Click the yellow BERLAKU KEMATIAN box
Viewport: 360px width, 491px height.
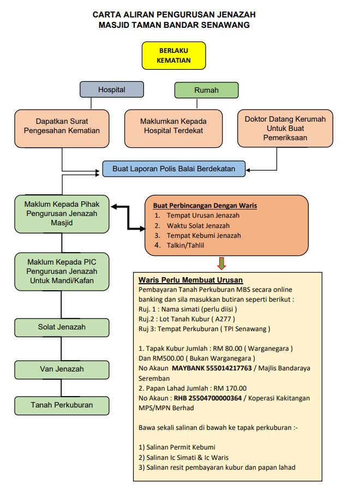[174, 56]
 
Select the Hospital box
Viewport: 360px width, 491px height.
[112, 89]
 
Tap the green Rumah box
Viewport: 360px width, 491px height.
[206, 90]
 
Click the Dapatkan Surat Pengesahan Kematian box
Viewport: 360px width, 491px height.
[62, 128]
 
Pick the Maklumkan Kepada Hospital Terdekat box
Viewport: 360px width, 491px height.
[173, 128]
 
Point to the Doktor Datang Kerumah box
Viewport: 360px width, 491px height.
[285, 128]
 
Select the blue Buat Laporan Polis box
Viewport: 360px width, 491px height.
[174, 169]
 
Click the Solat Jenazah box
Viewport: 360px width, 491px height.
[62, 327]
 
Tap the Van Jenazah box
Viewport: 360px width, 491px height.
[62, 370]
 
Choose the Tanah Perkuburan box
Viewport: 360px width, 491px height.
[62, 406]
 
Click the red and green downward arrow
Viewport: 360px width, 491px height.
[221, 264]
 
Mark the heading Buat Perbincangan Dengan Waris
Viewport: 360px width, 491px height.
[205, 206]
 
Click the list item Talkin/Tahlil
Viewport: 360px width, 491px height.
[185, 245]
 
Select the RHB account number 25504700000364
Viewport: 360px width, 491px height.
[208, 398]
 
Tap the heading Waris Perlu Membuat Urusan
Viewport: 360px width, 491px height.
[191, 280]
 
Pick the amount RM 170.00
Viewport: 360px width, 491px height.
[230, 388]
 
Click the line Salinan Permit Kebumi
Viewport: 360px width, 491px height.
[177, 447]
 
